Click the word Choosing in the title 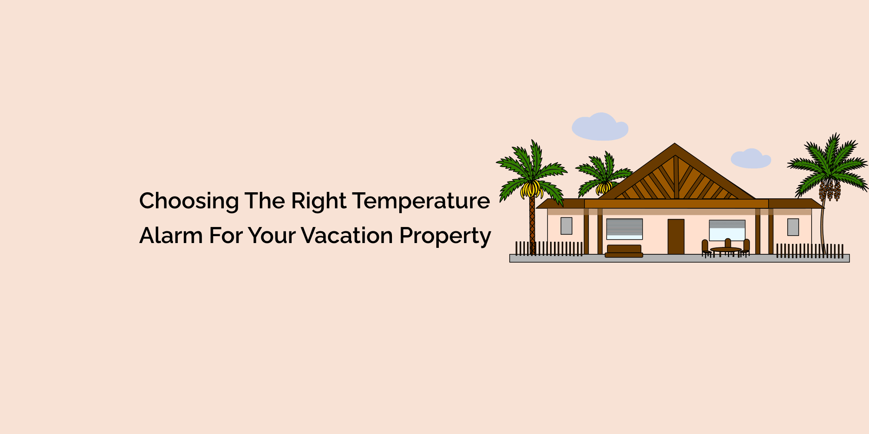coord(189,201)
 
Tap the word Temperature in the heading coord(421,201)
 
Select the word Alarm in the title coord(171,236)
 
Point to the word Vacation coord(347,236)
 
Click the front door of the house coord(676,237)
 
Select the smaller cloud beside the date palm coord(750,159)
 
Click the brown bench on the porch coord(624,251)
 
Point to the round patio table coord(725,250)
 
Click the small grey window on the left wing coord(566,226)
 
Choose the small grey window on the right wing coord(793,227)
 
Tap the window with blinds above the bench coord(624,229)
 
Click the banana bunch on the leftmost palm coord(531,189)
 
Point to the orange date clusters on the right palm coord(830,190)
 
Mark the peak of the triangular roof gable coord(675,145)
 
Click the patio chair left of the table coord(705,248)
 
